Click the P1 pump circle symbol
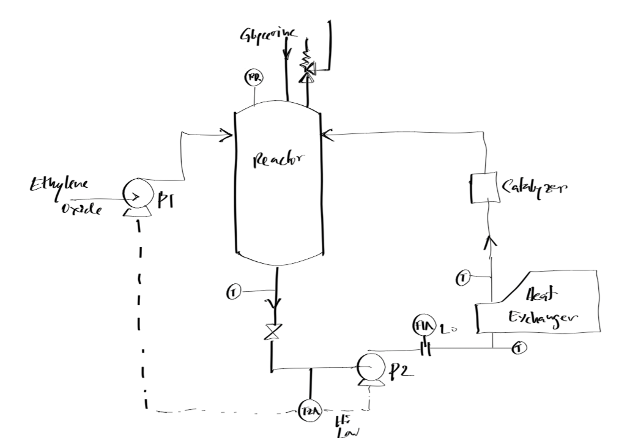[x=133, y=195]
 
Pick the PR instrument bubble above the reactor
[x=251, y=78]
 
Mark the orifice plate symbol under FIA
[x=424, y=349]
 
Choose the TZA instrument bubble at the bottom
[x=309, y=410]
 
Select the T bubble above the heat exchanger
[x=464, y=280]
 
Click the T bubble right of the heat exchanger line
[x=519, y=349]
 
